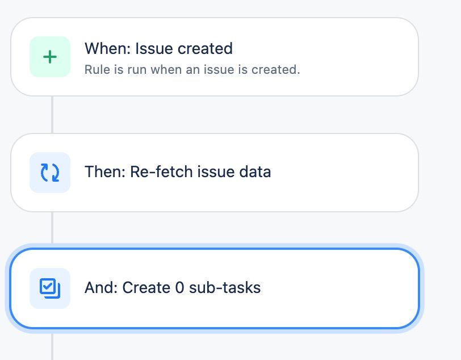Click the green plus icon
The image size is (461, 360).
pyautogui.click(x=50, y=57)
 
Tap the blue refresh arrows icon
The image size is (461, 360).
pyautogui.click(x=50, y=173)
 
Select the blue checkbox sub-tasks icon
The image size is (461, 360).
pyautogui.click(x=50, y=288)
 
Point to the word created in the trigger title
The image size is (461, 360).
pyautogui.click(x=205, y=49)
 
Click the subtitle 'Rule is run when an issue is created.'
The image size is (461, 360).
pyautogui.click(x=192, y=70)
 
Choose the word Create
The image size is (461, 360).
pyautogui.click(x=146, y=287)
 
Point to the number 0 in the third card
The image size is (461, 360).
pyautogui.click(x=179, y=287)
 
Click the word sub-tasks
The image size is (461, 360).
pyautogui.click(x=225, y=287)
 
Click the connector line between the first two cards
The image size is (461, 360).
pyautogui.click(x=52, y=114)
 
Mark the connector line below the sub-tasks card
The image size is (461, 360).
pyautogui.click(x=52, y=346)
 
